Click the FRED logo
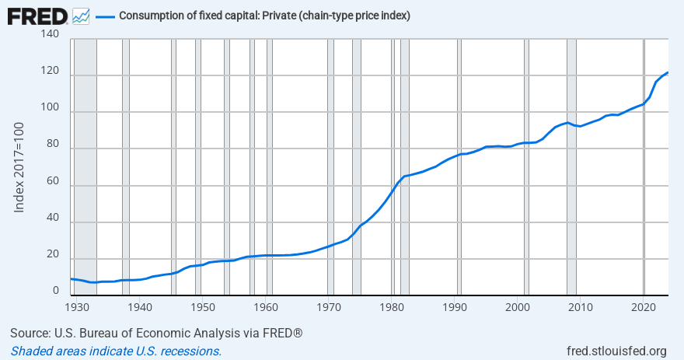click(x=37, y=15)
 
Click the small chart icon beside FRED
click(x=80, y=16)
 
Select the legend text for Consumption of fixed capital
click(x=264, y=16)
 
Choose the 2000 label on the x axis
click(x=518, y=307)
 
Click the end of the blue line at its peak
click(x=668, y=72)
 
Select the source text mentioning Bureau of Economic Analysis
click(x=156, y=334)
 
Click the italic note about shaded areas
click(x=116, y=351)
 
